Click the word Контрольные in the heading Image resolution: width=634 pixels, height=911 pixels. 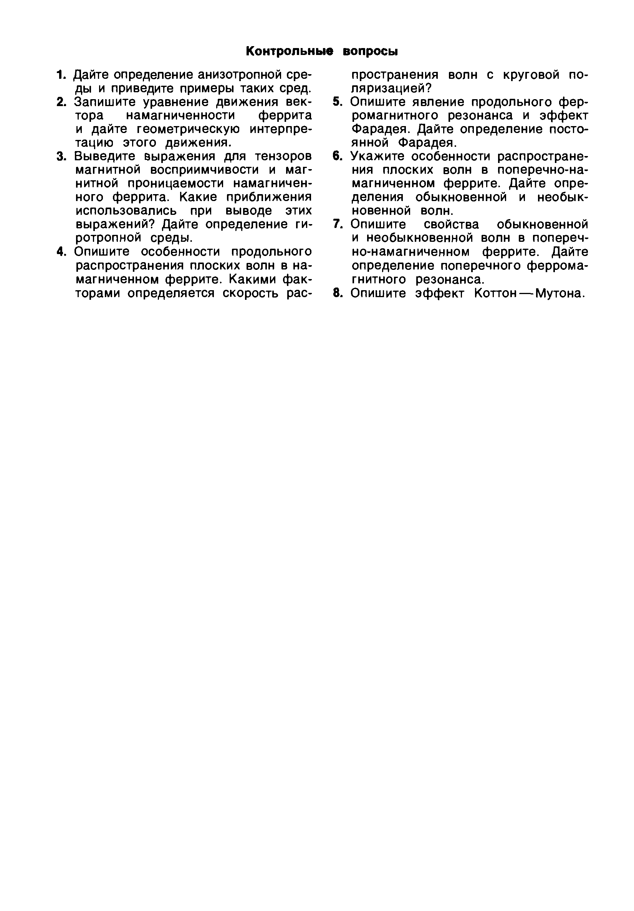point(289,51)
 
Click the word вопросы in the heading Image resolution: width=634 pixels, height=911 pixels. point(369,51)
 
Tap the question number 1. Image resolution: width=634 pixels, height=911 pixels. point(60,75)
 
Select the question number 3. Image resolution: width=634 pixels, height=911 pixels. point(60,156)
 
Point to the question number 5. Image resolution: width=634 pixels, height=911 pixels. point(337,102)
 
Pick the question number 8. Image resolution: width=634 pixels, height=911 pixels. point(337,293)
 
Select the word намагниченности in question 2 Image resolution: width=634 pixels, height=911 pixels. point(181,115)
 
